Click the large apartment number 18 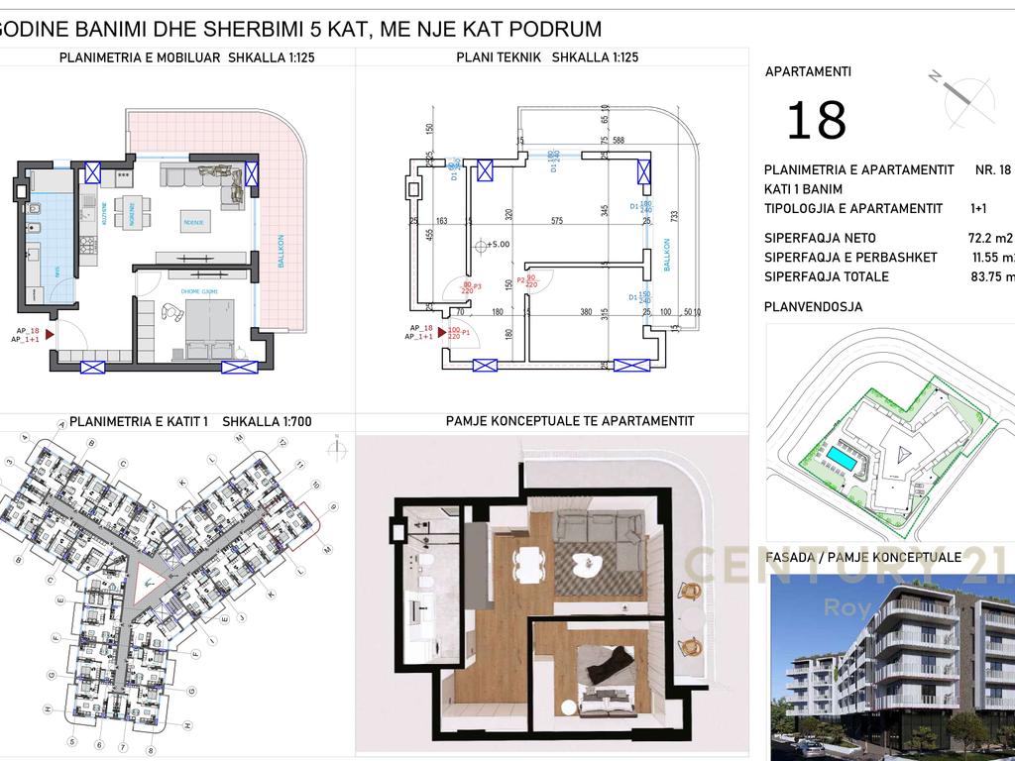(x=817, y=120)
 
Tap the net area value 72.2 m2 (x=989, y=238)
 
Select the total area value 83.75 (x=992, y=276)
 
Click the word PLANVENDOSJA (x=813, y=307)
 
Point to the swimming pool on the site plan (x=844, y=458)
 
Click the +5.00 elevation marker (x=497, y=244)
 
